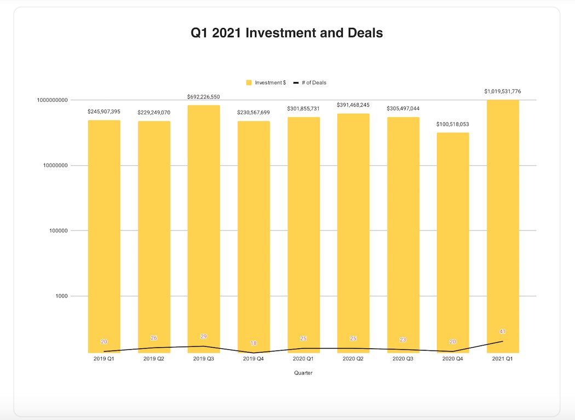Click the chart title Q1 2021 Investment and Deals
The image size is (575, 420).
point(286,33)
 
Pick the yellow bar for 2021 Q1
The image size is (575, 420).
point(503,219)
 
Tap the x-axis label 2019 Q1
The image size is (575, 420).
point(104,359)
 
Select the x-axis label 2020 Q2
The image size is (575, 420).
point(353,359)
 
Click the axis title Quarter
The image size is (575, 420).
point(303,373)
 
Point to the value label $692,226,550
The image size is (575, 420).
point(204,96)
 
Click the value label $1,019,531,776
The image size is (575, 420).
point(503,91)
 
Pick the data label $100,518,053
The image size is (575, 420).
point(453,124)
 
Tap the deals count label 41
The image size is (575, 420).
point(503,331)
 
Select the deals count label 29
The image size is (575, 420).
point(204,336)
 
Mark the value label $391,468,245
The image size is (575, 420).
point(353,105)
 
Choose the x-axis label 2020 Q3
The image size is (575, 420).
point(403,359)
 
